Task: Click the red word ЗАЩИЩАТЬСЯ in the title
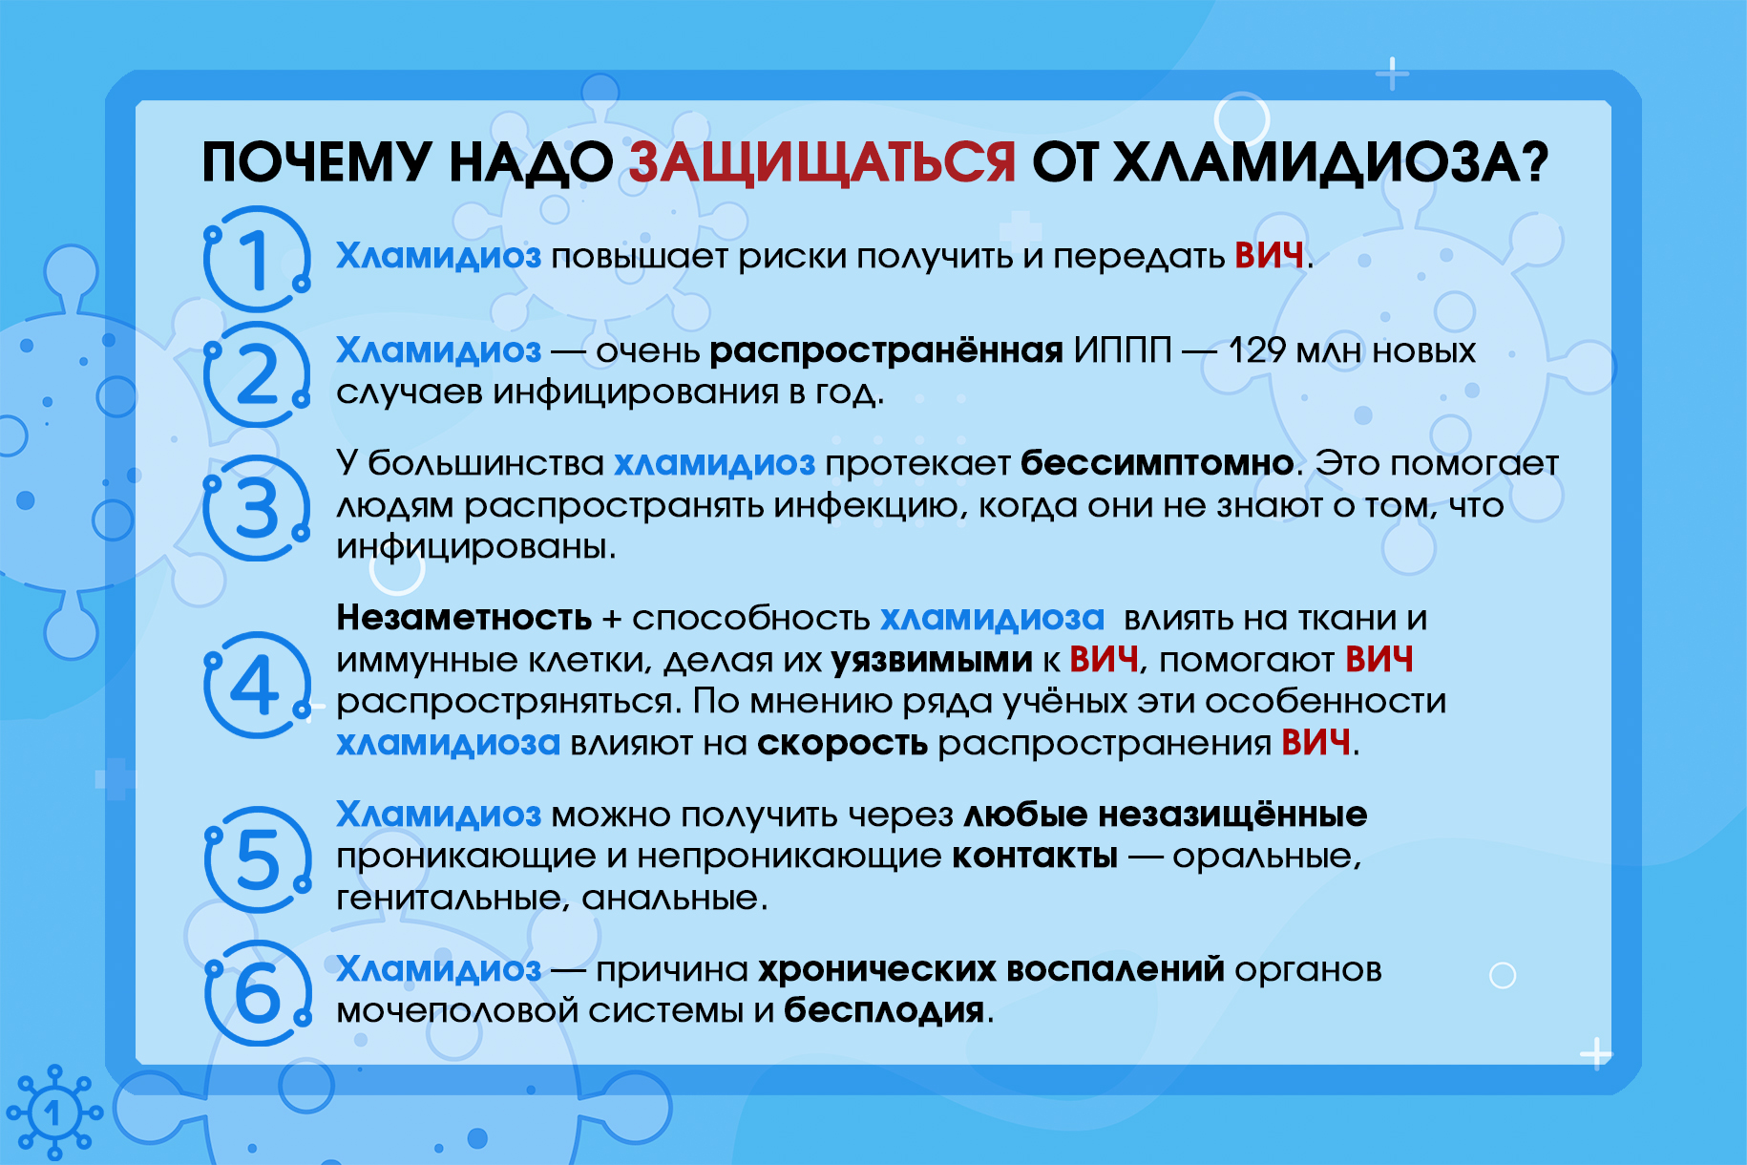[822, 162]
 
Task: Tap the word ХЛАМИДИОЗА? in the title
[1332, 162]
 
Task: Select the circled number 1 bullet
[256, 259]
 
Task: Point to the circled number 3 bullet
[256, 507]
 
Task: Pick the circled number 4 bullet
[256, 684]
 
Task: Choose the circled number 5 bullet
[256, 859]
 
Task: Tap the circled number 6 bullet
[256, 993]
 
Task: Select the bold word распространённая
[886, 351]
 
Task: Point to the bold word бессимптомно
[1157, 463]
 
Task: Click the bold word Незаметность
[464, 618]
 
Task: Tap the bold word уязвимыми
[932, 661]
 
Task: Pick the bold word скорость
[842, 744]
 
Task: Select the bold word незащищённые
[1232, 815]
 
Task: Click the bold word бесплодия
[884, 1010]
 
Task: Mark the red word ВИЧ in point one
[1269, 256]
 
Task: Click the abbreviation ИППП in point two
[1123, 350]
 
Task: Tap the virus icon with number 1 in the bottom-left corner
[54, 1112]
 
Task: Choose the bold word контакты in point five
[1035, 857]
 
